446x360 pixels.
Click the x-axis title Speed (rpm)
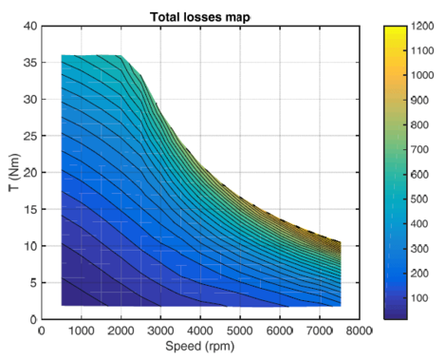coord(200,347)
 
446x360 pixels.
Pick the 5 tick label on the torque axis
coord(31,282)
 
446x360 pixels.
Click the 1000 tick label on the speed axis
coord(81,331)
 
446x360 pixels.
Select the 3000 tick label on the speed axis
coord(160,331)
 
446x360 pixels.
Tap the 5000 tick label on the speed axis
coord(240,331)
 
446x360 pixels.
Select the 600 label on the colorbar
coord(424,173)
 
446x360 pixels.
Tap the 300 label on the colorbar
coord(424,246)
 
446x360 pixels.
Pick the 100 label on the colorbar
coord(424,295)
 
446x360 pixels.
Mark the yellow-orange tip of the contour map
coord(337,243)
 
